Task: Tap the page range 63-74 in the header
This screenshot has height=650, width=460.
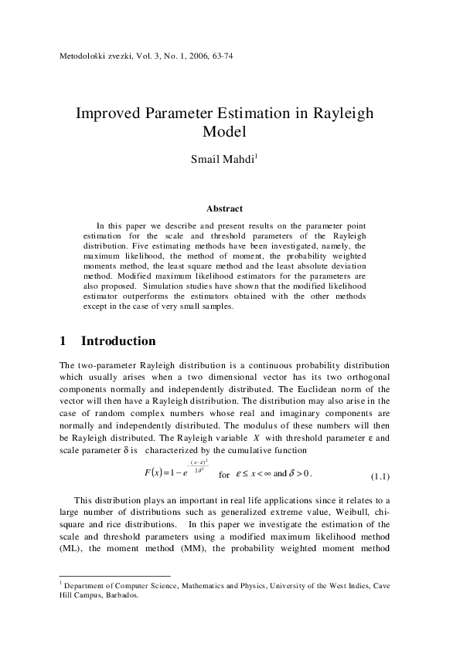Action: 220,58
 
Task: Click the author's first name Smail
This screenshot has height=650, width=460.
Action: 205,161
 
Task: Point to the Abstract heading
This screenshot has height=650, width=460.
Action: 225,208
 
